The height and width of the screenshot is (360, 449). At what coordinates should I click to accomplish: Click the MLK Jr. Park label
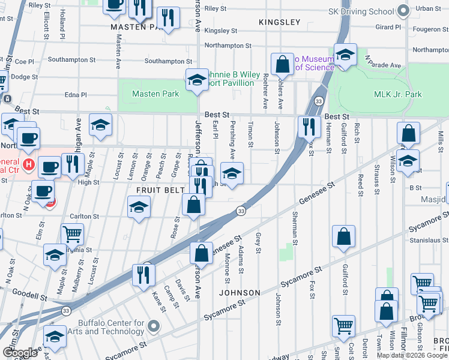coord(398,94)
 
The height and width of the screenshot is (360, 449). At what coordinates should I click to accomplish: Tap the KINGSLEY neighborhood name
coord(279,22)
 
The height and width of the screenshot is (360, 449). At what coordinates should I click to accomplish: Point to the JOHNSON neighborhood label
coord(240,293)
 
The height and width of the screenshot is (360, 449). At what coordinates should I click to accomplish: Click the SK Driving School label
coord(361,11)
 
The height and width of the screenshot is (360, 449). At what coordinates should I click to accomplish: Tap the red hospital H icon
coord(27,163)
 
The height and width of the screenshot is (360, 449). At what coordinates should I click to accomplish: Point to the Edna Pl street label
coord(76,95)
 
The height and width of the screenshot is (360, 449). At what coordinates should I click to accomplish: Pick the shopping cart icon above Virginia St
coord(72,233)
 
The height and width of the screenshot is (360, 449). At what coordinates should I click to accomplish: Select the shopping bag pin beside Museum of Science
coord(282,63)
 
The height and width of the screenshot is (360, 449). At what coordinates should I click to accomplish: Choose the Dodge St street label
coord(24,77)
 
